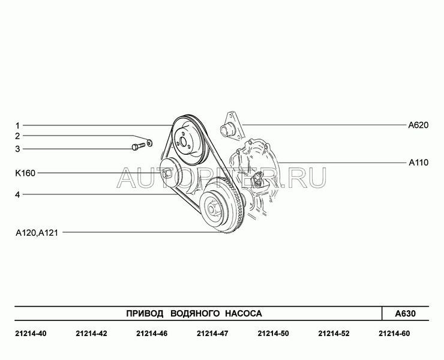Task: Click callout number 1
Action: (x=17, y=125)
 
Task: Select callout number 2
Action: (x=17, y=136)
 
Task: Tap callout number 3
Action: (x=17, y=149)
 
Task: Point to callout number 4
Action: (x=17, y=194)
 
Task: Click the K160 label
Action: (x=25, y=173)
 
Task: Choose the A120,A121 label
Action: (x=37, y=233)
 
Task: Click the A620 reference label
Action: (x=418, y=125)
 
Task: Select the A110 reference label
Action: (x=419, y=163)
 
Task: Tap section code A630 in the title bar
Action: (x=405, y=314)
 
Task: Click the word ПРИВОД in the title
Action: (x=145, y=314)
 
